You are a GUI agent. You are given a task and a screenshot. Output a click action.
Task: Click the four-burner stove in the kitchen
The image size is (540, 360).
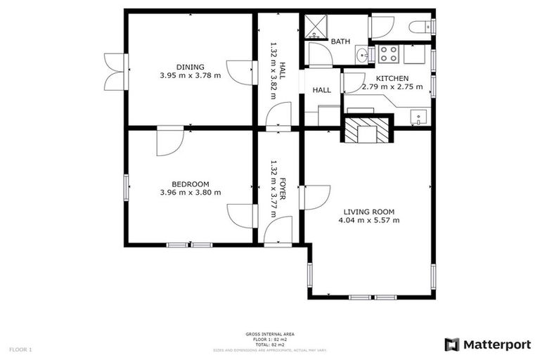click(x=389, y=53)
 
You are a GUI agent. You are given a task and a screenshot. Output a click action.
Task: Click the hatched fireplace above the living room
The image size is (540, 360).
click(x=365, y=131)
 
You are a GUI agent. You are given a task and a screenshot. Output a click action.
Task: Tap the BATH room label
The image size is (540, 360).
click(x=340, y=42)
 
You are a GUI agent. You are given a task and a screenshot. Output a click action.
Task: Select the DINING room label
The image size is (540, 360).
click(x=190, y=66)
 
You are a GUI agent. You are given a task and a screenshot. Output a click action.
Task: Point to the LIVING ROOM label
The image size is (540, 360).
click(x=368, y=211)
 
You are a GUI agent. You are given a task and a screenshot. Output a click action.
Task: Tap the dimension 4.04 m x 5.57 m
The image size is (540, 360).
click(x=368, y=220)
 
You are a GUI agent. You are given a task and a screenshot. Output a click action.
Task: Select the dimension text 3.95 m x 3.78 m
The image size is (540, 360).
click(x=190, y=75)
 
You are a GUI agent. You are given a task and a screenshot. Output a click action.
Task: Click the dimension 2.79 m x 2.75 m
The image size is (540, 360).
click(x=392, y=87)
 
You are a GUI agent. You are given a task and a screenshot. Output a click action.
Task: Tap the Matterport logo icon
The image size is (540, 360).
click(x=452, y=345)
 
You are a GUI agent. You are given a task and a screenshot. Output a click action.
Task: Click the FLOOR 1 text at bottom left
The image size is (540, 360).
click(x=20, y=349)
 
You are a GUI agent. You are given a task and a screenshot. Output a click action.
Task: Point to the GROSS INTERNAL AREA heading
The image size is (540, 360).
click(x=270, y=334)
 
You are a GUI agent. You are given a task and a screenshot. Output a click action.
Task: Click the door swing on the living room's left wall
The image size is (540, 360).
click(x=316, y=196)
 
